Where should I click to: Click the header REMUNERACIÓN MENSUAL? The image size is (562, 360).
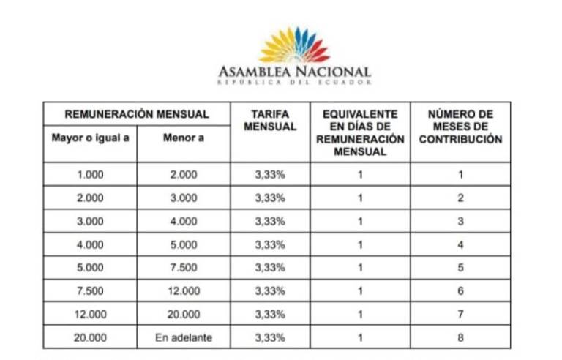(137, 114)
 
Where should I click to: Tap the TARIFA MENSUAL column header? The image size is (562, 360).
(270, 121)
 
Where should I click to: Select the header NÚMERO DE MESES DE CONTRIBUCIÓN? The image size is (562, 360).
(460, 127)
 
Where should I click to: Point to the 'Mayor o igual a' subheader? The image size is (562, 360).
(90, 138)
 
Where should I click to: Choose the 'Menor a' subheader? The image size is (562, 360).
(183, 138)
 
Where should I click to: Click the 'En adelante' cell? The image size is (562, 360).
(183, 337)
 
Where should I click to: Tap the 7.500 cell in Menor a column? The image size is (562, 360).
(183, 267)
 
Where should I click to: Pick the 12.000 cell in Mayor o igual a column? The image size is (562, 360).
(90, 314)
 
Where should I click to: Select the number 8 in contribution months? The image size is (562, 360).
(460, 337)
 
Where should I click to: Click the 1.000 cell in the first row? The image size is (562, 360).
(90, 174)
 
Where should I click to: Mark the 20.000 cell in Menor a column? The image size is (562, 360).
(183, 314)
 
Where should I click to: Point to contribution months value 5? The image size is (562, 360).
(460, 267)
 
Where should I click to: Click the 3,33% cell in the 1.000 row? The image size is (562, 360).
(270, 174)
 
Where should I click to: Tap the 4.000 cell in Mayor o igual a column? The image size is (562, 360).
(90, 244)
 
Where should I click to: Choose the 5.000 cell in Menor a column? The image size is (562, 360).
(183, 244)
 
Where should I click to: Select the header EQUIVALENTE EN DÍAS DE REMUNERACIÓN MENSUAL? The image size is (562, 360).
(360, 132)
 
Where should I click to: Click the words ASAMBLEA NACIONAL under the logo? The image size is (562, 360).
(294, 72)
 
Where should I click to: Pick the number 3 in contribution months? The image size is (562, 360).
(460, 221)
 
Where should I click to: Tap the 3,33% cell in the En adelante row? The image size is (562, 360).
(270, 337)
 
